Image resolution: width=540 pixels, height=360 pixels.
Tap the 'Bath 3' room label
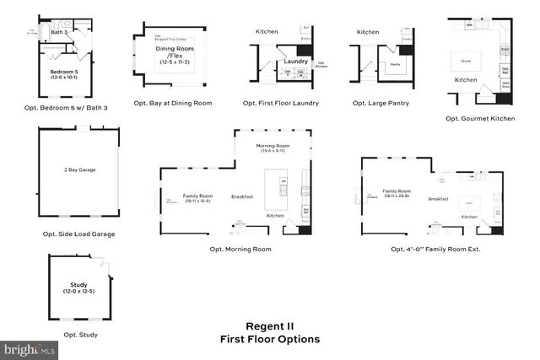pos(57,32)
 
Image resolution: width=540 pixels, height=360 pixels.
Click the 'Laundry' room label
pos(295,61)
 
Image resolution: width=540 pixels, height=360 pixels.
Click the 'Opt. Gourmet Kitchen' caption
pos(480,119)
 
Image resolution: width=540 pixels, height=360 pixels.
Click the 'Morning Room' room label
pos(273,146)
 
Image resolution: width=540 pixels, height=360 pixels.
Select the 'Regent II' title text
pos(269,325)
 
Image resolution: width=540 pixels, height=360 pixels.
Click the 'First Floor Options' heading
pos(269,339)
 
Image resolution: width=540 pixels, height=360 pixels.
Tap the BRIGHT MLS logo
pos(30,347)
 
